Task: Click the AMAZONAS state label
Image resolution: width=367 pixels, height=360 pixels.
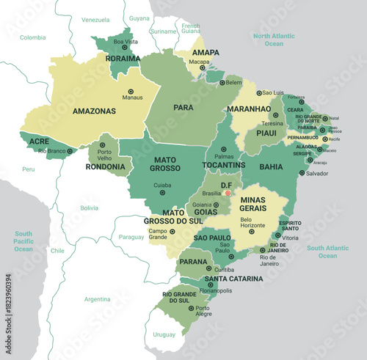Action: [x=94, y=111]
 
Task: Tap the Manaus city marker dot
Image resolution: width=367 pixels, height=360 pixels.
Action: [x=131, y=91]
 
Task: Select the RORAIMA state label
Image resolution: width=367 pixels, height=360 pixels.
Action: [x=123, y=59]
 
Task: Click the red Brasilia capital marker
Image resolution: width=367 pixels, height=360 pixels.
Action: [x=228, y=193]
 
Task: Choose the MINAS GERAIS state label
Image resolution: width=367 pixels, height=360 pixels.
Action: [x=252, y=204]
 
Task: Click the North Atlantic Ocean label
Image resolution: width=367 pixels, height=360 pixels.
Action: [x=273, y=40]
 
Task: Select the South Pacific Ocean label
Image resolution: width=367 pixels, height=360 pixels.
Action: [x=23, y=240]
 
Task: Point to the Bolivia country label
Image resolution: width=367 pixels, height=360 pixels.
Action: [x=89, y=208]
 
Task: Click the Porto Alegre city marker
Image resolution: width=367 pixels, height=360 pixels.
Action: [x=190, y=309]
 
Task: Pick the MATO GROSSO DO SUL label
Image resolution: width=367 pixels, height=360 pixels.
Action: [x=174, y=216]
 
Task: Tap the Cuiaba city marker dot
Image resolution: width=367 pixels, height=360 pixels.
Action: [x=162, y=193]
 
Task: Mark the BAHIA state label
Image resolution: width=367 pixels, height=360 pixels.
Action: [x=271, y=166]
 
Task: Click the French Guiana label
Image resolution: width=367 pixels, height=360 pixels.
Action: [x=190, y=29]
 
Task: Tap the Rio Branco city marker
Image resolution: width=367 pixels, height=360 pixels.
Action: [x=70, y=151]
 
